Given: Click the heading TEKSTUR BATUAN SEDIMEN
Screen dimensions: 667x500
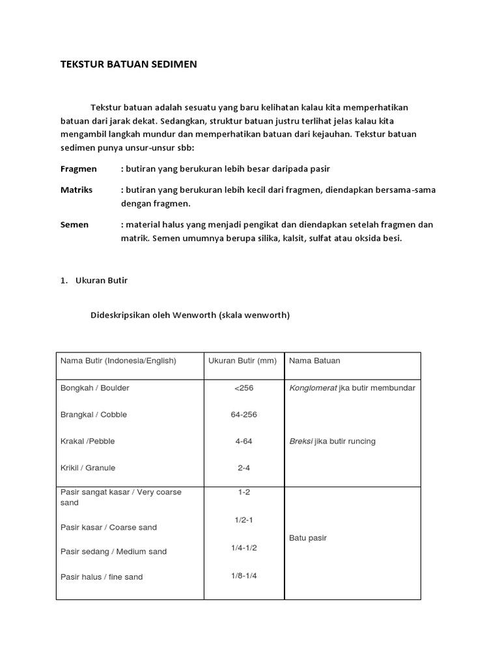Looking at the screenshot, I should click(128, 64).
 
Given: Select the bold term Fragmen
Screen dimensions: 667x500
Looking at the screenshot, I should click(78, 169).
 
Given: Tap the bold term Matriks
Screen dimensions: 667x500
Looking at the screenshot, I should click(76, 190).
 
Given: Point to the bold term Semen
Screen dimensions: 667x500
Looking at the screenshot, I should click(74, 225).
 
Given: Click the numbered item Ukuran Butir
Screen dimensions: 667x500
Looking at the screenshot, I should click(102, 281).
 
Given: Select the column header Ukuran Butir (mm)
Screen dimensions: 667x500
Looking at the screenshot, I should click(243, 361).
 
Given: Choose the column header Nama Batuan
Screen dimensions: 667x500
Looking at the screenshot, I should click(314, 361).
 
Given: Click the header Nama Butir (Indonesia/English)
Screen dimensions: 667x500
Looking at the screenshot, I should click(118, 361).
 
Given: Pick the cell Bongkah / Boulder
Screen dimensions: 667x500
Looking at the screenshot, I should click(95, 388).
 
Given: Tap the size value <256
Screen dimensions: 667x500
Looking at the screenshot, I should click(243, 389).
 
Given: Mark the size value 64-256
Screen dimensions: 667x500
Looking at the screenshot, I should click(243, 415).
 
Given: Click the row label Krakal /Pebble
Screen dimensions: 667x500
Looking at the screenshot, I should click(87, 442).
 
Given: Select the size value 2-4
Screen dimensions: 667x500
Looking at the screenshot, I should click(243, 468).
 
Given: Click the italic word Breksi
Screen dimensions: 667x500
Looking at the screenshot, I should click(301, 442).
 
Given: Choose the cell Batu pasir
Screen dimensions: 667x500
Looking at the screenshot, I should click(308, 538).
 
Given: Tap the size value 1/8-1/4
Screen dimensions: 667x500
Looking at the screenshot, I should click(243, 576).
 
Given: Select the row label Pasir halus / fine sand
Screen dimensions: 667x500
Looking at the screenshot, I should click(102, 577).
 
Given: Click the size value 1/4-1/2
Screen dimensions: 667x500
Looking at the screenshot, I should click(243, 548).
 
